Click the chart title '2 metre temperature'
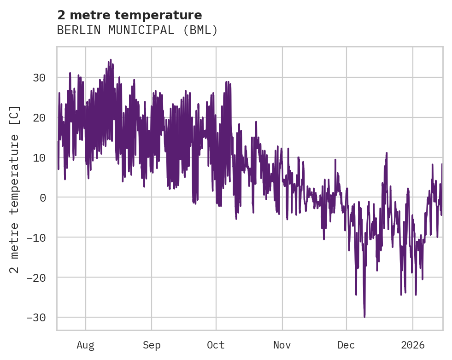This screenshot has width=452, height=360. (129, 15)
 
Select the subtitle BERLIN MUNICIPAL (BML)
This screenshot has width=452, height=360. (137, 30)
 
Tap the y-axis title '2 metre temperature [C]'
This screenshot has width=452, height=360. (15, 189)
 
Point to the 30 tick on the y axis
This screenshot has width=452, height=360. (39, 77)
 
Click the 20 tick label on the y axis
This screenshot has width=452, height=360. (39, 117)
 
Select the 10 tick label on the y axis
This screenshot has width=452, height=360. (39, 157)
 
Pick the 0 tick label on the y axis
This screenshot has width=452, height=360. (42, 197)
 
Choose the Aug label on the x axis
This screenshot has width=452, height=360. (85, 345)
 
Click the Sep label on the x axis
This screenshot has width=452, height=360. (151, 345)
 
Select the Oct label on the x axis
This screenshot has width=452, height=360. (216, 345)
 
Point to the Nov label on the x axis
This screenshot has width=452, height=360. (282, 345)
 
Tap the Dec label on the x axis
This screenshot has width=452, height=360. (346, 345)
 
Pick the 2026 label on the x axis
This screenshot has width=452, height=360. (412, 345)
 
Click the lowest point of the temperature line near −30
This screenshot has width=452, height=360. (364, 317)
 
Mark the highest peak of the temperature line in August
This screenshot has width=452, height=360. (111, 60)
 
